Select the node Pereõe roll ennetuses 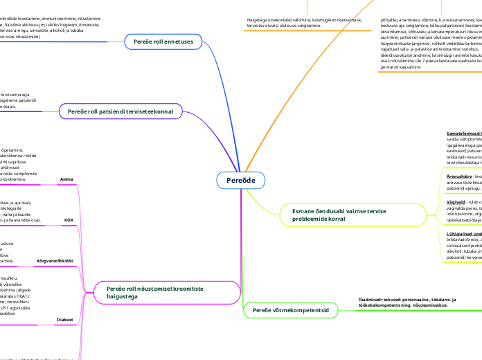163,42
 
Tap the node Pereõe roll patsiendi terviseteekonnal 120,111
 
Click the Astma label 67,179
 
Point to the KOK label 69,219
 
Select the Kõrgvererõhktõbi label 55,261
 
